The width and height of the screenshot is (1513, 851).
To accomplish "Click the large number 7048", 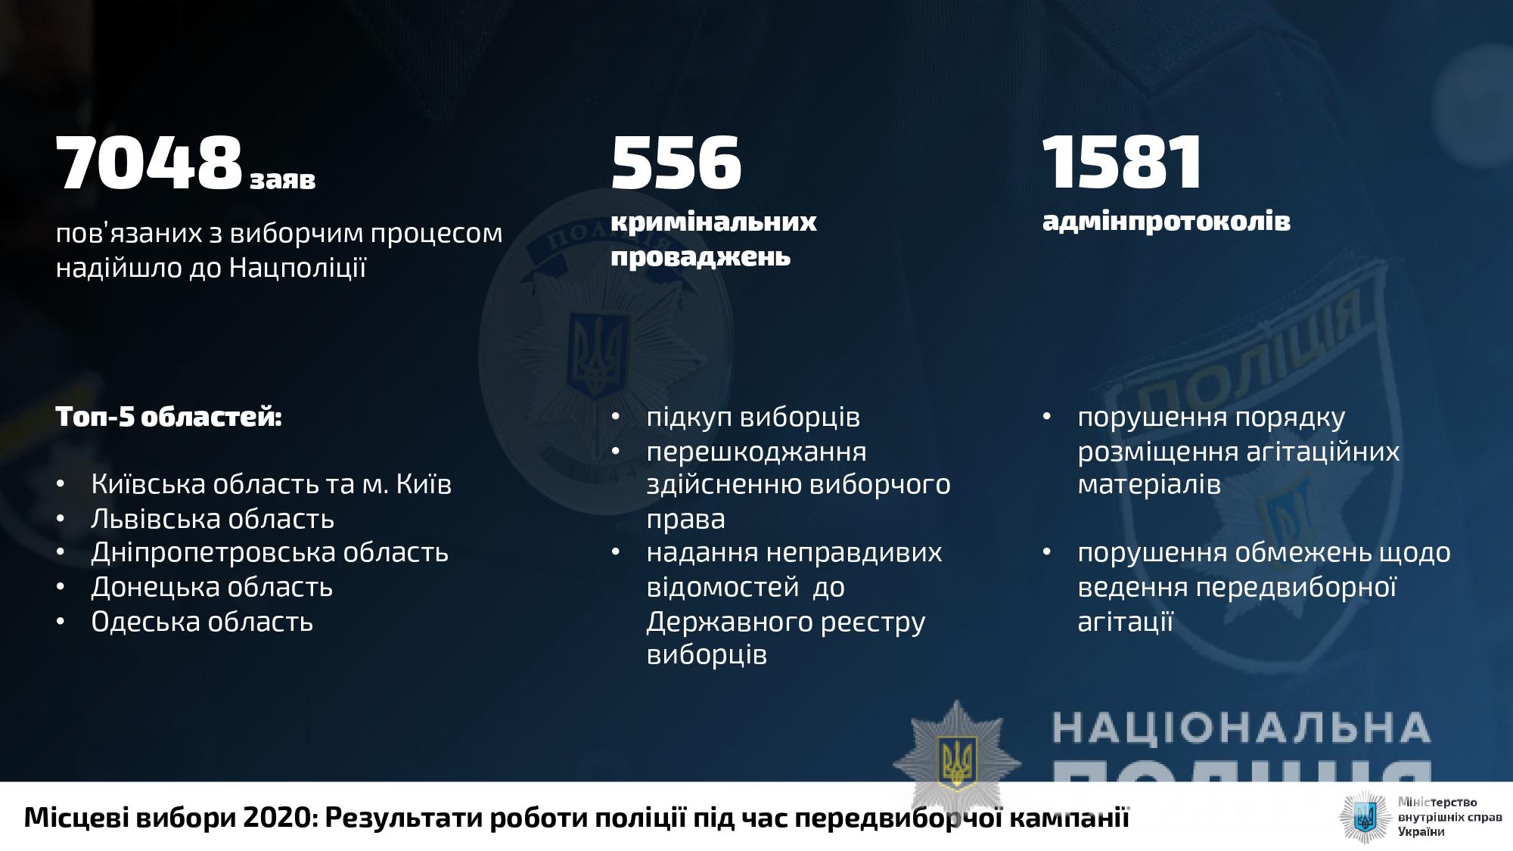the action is [x=149, y=163].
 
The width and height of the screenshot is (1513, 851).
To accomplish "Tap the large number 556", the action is [x=676, y=163].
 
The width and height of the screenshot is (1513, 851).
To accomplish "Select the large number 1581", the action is [x=1122, y=163].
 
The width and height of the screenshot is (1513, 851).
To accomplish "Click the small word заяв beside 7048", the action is [x=283, y=180].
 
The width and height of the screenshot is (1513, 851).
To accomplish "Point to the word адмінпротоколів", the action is [x=1167, y=221].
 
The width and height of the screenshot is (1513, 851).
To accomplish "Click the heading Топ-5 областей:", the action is [x=169, y=417].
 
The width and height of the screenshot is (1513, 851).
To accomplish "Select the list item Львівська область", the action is [x=213, y=519].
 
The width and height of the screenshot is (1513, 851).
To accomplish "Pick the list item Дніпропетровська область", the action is [x=270, y=553].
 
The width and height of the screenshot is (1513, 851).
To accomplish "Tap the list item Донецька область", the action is [x=212, y=587].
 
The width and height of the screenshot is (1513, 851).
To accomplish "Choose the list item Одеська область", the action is [x=202, y=621].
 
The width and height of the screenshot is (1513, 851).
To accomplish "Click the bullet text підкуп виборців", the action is [x=753, y=418].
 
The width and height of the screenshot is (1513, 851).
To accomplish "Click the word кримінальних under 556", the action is [x=713, y=222].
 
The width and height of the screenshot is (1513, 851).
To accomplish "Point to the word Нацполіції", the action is [x=297, y=268].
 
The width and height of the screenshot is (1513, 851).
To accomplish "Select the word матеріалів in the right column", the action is [x=1149, y=485].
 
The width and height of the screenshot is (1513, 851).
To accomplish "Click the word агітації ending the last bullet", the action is [x=1125, y=622].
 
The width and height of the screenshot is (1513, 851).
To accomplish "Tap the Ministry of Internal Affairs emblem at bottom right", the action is [x=1365, y=817].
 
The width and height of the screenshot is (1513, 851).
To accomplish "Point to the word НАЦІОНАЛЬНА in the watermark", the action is [x=1241, y=728].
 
